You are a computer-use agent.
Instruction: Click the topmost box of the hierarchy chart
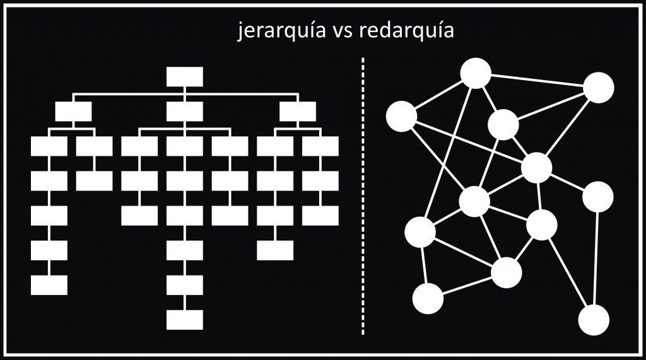(185, 77)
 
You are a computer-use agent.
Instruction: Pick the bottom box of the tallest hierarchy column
(185, 319)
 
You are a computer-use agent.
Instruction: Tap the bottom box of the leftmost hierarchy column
(49, 285)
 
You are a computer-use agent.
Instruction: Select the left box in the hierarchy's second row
(73, 112)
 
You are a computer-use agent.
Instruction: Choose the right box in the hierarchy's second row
(298, 112)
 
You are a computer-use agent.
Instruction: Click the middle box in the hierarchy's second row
(185, 112)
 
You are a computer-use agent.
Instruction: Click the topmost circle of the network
(476, 73)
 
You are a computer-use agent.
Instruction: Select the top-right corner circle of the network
(598, 88)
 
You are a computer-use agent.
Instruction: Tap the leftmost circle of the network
(401, 116)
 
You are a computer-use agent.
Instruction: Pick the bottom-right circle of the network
(594, 319)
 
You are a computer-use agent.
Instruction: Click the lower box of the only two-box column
(95, 181)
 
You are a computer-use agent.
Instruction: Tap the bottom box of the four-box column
(275, 250)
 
